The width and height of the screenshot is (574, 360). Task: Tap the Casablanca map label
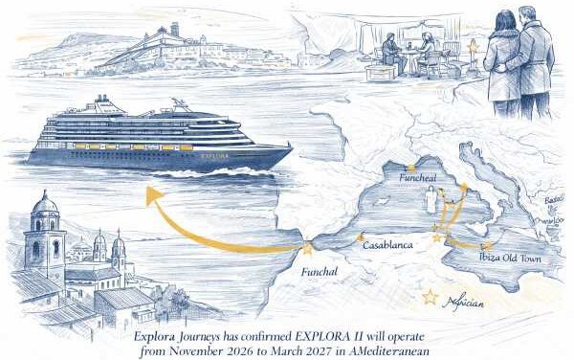(388, 245)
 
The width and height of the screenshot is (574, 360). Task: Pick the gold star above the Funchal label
(308, 249)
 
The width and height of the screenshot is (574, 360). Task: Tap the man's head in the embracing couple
(527, 17)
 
